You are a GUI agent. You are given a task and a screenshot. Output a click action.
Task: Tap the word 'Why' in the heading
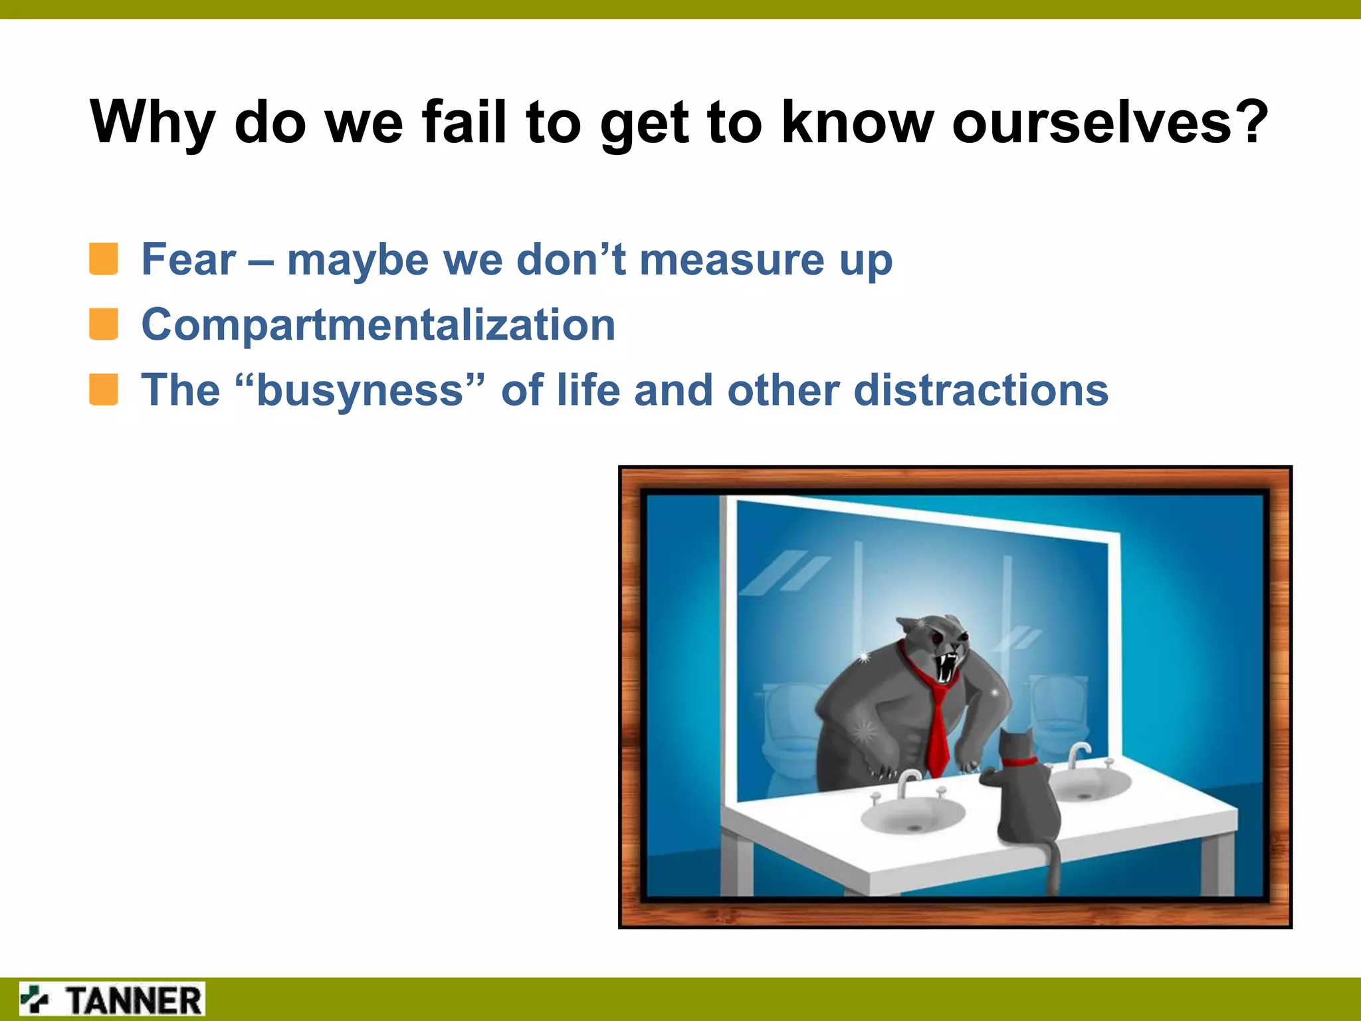pos(152,123)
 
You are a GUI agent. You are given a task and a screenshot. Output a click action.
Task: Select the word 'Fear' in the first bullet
pos(189,259)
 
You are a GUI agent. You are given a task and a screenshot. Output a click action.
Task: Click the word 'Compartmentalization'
pos(378,325)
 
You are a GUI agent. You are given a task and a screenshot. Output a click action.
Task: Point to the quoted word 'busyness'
pos(360,390)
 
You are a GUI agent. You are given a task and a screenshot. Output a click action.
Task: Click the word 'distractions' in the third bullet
pos(980,390)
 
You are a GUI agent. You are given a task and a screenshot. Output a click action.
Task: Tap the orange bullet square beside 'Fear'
pos(104,259)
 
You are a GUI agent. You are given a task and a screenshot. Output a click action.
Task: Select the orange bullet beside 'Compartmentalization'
pos(104,324)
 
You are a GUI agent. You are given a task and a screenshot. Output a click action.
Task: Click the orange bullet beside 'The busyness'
pos(104,390)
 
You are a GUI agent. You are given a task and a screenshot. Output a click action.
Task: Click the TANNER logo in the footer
pos(112,1000)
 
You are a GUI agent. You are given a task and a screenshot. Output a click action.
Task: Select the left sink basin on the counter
pos(912,814)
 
